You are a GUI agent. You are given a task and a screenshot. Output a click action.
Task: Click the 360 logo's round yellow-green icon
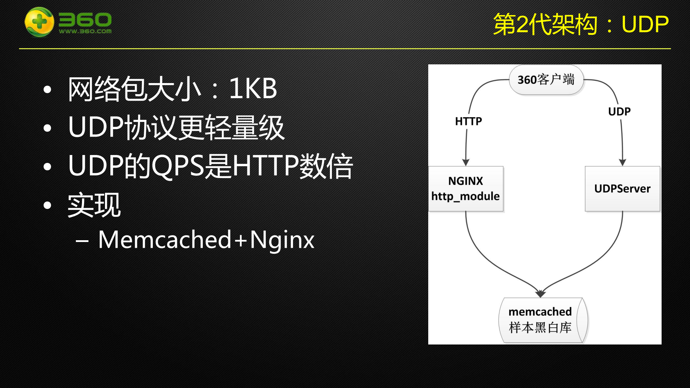tap(39, 22)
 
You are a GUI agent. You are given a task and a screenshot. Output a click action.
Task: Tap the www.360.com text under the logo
tap(85, 31)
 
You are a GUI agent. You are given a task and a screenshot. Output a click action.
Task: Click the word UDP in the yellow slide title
tap(645, 24)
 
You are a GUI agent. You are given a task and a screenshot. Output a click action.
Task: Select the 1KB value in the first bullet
tap(253, 88)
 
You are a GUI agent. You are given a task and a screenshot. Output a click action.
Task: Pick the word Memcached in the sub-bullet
tap(165, 239)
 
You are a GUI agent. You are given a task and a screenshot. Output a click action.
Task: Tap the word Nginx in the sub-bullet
tap(282, 240)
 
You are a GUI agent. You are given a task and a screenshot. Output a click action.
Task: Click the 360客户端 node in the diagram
tap(546, 79)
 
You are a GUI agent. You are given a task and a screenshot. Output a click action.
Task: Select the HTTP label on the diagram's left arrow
tap(468, 121)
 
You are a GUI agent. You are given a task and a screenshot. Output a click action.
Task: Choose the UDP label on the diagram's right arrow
tap(619, 111)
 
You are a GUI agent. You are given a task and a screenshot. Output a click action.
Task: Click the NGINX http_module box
tap(466, 188)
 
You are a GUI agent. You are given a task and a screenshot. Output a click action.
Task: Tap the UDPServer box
tap(622, 188)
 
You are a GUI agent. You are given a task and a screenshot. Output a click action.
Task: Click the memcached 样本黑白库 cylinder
tap(541, 320)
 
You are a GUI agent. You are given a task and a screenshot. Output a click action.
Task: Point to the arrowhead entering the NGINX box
tap(466, 163)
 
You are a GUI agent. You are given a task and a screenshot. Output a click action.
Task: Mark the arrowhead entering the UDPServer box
tap(622, 163)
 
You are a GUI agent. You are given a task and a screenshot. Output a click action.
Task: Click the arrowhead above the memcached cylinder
tap(540, 294)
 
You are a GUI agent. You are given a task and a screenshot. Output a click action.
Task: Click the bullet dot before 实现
tap(47, 205)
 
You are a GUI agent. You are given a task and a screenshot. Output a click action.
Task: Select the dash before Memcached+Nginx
tap(82, 241)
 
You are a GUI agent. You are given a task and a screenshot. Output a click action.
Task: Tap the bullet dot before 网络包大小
tap(47, 90)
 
